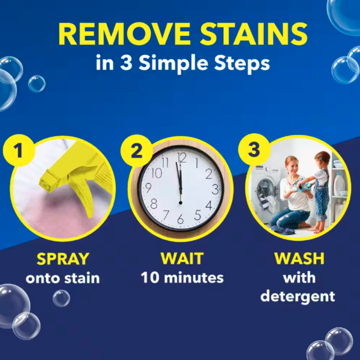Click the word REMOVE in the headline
pyautogui.click(x=124, y=34)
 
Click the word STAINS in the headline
pyautogui.click(x=254, y=34)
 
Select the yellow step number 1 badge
pyautogui.click(x=18, y=150)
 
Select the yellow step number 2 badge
pyautogui.click(x=136, y=151)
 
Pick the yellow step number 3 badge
pyautogui.click(x=254, y=149)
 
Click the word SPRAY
pyautogui.click(x=63, y=259)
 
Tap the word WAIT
pyautogui.click(x=182, y=258)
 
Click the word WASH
pyautogui.click(x=299, y=258)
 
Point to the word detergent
pyautogui.click(x=297, y=296)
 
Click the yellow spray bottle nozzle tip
pyautogui.click(x=44, y=184)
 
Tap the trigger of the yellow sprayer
pyautogui.click(x=85, y=198)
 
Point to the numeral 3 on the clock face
pyautogui.click(x=215, y=189)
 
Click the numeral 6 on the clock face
pyautogui.click(x=180, y=219)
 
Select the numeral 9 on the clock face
pyautogui.click(x=148, y=188)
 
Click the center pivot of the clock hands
pyautogui.click(x=180, y=203)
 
